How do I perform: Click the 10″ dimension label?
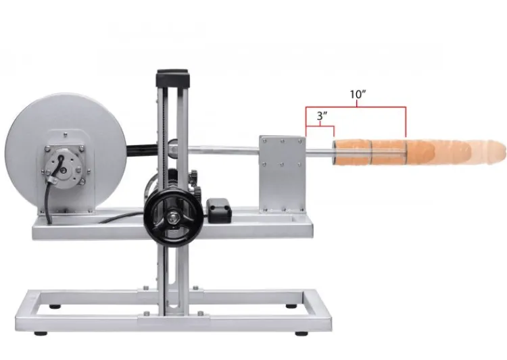click(358, 95)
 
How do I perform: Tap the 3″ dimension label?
click(322, 115)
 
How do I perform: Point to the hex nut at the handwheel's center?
click(174, 218)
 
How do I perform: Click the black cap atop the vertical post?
click(172, 78)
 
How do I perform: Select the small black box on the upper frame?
click(219, 209)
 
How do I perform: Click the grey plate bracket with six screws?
click(283, 174)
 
